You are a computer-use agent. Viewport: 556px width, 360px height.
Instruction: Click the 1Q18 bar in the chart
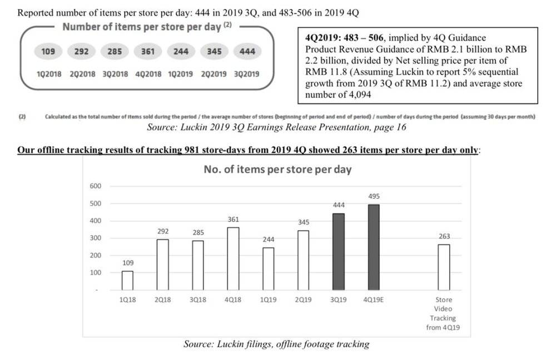coord(127,281)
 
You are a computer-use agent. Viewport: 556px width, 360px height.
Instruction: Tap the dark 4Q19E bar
coord(374,247)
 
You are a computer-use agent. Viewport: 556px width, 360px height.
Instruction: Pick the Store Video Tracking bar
coord(443,267)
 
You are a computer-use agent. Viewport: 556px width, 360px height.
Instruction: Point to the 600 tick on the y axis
coord(95,186)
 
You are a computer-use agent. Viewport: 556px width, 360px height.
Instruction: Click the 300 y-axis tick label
coord(95,238)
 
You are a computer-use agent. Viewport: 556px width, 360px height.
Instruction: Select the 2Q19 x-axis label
coord(304,299)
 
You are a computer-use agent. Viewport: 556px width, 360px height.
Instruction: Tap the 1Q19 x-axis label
coord(269,299)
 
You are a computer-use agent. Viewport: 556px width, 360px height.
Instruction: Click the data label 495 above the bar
coord(374,197)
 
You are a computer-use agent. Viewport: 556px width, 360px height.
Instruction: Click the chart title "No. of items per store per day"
coord(277,169)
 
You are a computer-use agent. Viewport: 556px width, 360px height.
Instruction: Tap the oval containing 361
coord(147,52)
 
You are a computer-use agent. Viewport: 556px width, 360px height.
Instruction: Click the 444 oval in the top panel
coord(247,52)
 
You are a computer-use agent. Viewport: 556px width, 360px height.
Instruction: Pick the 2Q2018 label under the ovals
coord(82,74)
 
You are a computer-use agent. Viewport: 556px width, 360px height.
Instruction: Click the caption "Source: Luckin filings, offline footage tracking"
coord(276,344)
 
